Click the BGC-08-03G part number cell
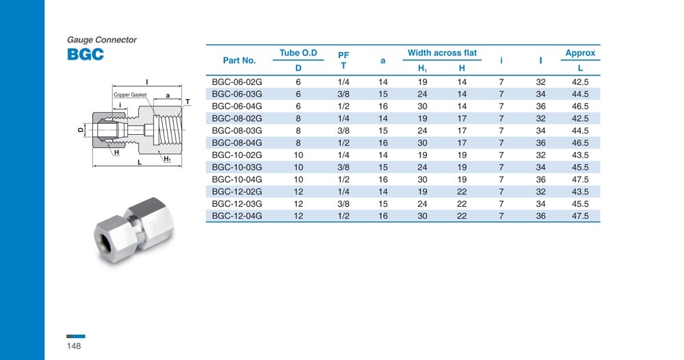237,131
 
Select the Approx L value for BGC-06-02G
580,81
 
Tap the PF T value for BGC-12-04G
343,216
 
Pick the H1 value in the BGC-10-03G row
422,167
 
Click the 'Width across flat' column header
442,53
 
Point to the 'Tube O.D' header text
298,53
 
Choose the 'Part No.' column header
239,60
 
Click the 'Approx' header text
580,53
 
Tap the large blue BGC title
85,54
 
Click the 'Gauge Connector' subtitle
102,40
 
